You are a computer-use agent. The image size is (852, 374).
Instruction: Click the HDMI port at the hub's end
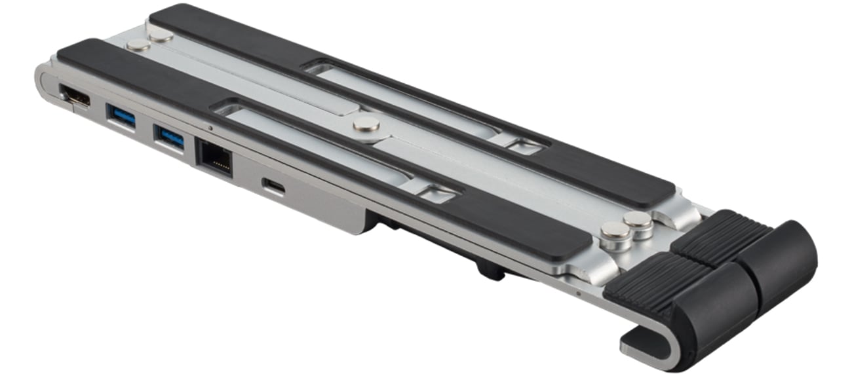tap(74, 97)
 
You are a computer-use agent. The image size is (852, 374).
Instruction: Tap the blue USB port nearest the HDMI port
tap(122, 118)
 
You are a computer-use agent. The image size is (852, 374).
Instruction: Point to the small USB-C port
tap(273, 186)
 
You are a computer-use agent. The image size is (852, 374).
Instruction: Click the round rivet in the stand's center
tap(366, 124)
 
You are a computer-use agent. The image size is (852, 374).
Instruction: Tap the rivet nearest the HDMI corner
tap(138, 45)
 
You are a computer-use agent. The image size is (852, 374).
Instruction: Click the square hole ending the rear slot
tap(524, 147)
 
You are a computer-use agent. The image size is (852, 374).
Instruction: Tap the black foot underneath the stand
tap(490, 269)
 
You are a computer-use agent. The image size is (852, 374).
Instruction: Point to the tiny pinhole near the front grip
tap(577, 293)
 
